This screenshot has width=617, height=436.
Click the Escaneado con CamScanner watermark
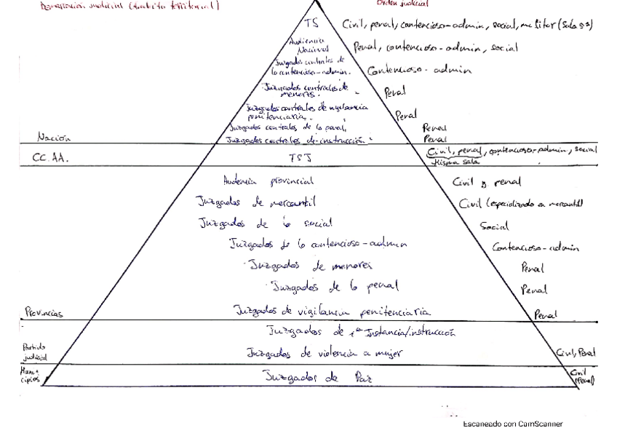(512, 423)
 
